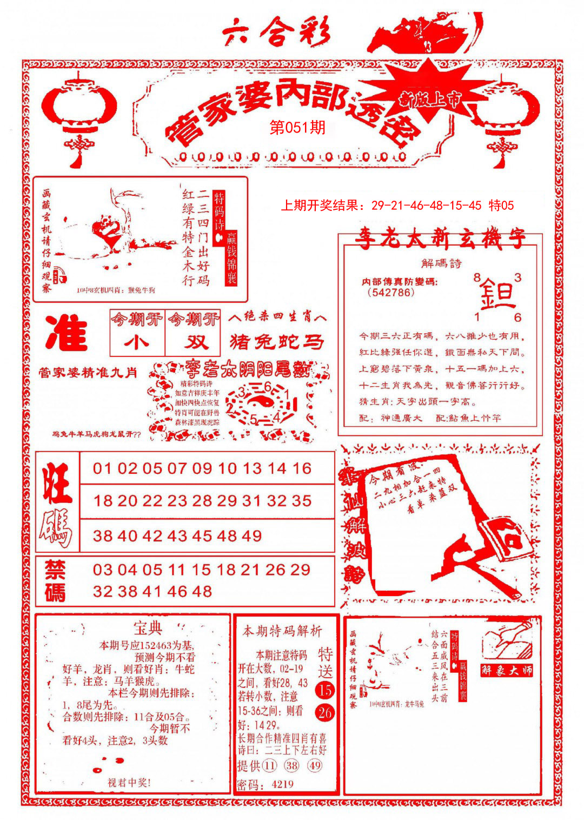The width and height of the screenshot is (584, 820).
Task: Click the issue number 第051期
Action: coord(297,128)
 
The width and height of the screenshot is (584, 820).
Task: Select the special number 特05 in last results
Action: coord(501,206)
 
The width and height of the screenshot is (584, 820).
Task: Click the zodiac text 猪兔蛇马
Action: coord(277,342)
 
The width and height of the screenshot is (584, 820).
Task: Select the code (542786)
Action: coord(390,293)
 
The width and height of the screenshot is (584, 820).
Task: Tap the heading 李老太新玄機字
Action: coord(439,239)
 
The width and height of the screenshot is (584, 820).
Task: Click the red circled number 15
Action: coord(325,690)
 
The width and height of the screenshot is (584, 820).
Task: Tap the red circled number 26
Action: coord(325,712)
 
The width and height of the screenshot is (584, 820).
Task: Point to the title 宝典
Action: coord(147,629)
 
